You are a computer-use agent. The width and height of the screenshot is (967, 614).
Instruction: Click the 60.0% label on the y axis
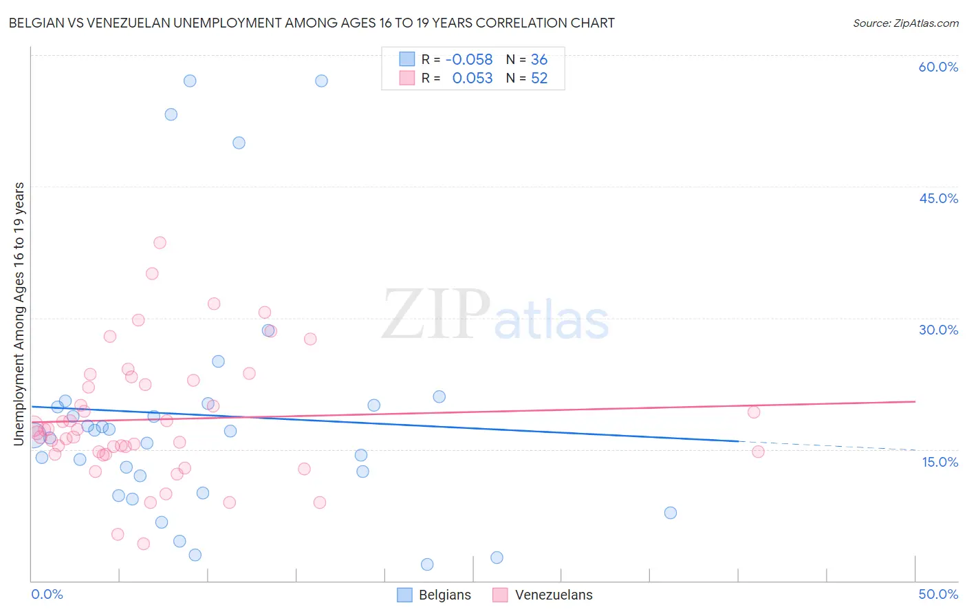click(x=938, y=67)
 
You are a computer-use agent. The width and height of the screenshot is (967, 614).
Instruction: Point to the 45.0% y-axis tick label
click(x=938, y=198)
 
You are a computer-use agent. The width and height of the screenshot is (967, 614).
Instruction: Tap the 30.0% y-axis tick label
click(x=938, y=330)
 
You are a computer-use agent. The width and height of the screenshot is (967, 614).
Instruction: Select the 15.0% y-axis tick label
click(x=939, y=462)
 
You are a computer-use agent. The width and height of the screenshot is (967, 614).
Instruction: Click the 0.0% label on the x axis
click(x=47, y=594)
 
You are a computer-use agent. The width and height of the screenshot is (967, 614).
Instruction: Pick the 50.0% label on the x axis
click(x=938, y=594)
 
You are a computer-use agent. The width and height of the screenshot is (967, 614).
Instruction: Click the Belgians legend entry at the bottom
click(x=435, y=595)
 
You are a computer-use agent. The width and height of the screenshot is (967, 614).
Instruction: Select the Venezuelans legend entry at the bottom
click(x=543, y=595)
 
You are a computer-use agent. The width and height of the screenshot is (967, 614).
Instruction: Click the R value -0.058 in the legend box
click(x=469, y=60)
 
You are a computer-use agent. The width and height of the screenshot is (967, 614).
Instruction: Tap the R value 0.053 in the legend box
click(x=472, y=78)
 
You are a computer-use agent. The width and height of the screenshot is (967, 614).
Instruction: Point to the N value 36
click(x=539, y=60)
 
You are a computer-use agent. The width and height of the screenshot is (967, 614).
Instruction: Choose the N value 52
click(x=539, y=78)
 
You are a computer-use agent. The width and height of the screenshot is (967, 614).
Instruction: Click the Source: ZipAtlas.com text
click(x=905, y=23)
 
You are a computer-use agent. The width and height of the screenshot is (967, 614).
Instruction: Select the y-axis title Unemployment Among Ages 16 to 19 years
click(x=19, y=314)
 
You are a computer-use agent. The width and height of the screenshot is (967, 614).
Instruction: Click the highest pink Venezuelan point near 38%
click(x=160, y=242)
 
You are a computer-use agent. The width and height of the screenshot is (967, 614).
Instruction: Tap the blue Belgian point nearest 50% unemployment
click(x=239, y=143)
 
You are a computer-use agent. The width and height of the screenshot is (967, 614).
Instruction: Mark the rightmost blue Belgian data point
click(x=671, y=513)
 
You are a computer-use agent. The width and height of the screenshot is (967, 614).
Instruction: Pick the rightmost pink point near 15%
click(x=758, y=452)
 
